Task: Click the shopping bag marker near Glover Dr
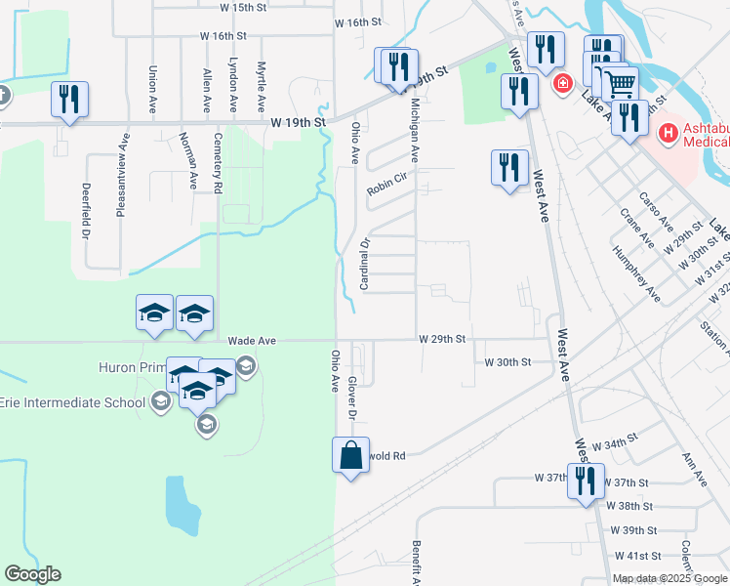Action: [351, 455]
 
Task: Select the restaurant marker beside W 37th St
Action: [586, 481]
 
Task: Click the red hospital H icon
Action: [669, 132]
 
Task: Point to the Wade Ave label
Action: [253, 341]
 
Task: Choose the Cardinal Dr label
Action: [363, 264]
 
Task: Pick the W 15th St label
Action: [243, 7]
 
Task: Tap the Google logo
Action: [32, 574]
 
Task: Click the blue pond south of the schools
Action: [182, 505]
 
